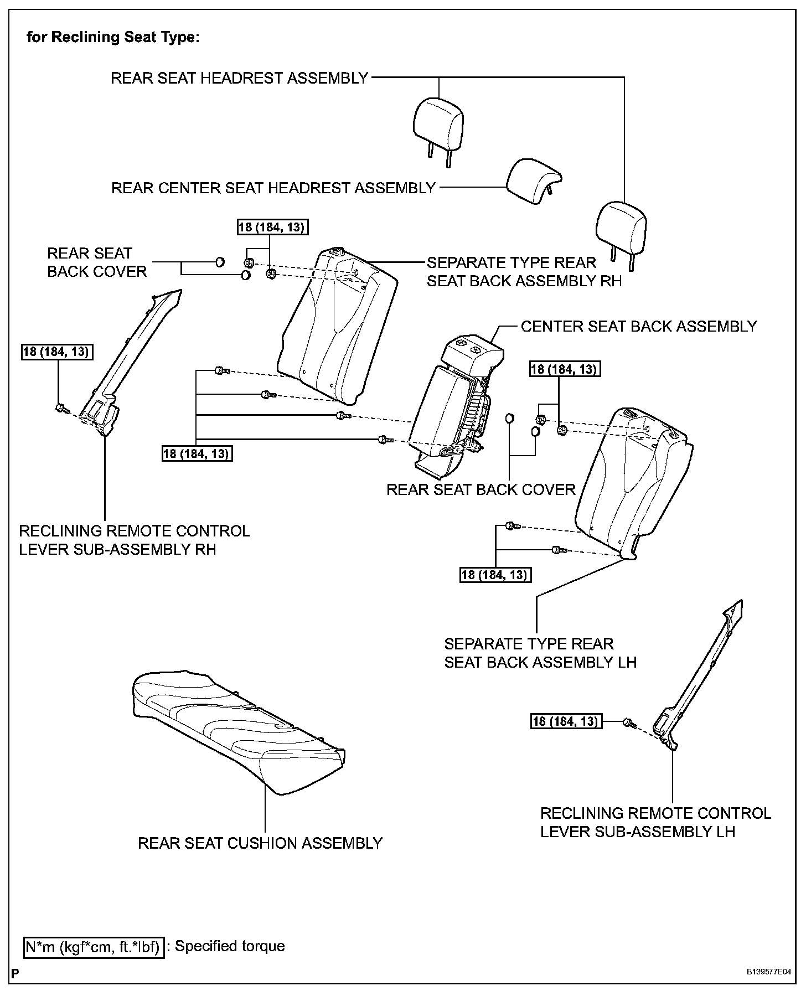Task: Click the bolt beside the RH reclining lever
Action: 62,409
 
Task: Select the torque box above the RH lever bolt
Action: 57,352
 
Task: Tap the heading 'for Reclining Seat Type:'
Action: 113,38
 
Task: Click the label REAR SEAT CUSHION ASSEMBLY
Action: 260,843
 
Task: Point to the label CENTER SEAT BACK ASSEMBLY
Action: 639,326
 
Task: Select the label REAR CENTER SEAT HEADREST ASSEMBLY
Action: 273,188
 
